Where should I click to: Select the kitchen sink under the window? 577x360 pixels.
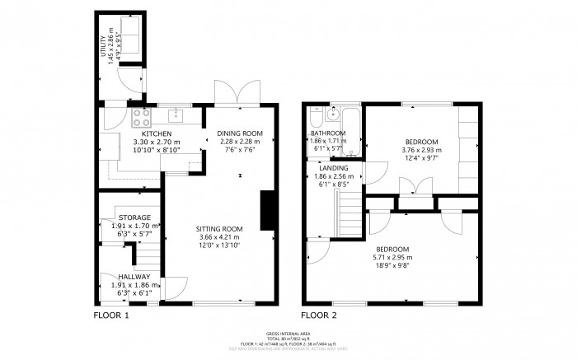coord(174,115)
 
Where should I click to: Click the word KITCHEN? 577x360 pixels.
coord(156,133)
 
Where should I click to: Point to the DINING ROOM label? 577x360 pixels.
coord(239,133)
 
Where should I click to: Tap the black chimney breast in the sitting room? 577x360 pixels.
coord(267,210)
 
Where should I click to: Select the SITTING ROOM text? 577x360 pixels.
coord(219,228)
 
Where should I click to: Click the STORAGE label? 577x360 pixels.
coord(134,217)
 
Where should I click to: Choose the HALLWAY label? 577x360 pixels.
coord(134,277)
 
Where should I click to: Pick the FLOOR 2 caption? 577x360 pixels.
coord(319,315)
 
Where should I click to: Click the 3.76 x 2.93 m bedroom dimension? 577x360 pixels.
coord(420,150)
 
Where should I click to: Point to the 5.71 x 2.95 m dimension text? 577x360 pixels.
coord(393,257)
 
